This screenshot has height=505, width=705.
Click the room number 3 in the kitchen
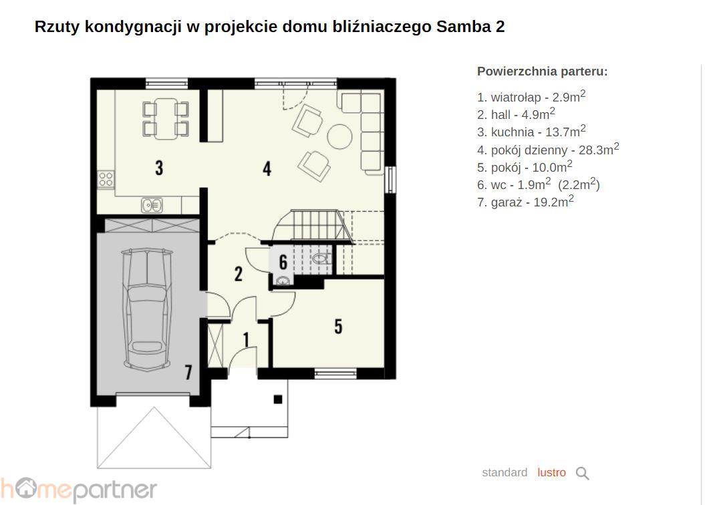(x=159, y=168)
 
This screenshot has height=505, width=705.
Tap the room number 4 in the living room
(x=267, y=168)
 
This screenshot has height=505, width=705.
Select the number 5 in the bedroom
(x=339, y=326)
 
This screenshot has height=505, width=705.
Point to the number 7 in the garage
(x=189, y=371)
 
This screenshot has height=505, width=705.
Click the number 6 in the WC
(x=283, y=262)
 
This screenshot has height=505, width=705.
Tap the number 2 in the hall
(x=239, y=274)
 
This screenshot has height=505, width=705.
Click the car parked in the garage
(x=147, y=310)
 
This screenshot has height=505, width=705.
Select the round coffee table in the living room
(x=339, y=136)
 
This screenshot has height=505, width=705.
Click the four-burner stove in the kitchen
(x=106, y=179)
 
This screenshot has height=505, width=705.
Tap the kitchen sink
(x=152, y=205)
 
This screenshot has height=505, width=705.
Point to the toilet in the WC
(x=322, y=259)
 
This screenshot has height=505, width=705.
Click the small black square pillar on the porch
(x=278, y=399)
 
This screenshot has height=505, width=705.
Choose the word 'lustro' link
(x=552, y=473)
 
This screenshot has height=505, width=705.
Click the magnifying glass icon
(x=582, y=473)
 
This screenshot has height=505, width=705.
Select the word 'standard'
(x=505, y=473)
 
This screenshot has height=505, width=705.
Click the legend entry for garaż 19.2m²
(x=525, y=201)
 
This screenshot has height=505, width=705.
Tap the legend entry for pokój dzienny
(x=548, y=149)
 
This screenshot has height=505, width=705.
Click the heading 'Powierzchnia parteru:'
(x=542, y=71)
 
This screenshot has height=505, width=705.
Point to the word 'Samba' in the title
(x=464, y=27)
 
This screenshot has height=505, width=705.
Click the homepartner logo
(x=79, y=489)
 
